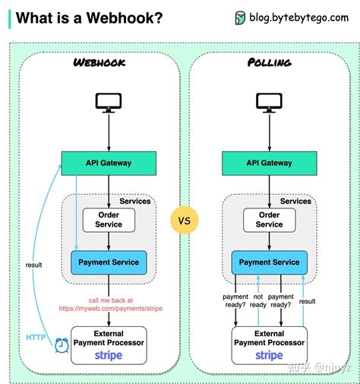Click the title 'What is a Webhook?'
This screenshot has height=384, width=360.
(89, 18)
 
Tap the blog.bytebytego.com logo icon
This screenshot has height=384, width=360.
(240, 18)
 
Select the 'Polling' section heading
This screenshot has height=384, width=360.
(269, 62)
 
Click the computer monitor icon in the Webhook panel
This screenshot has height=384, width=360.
(107, 103)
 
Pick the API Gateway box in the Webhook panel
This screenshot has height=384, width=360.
(109, 162)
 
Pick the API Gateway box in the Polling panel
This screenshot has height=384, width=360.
(269, 162)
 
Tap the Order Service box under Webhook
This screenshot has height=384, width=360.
(109, 220)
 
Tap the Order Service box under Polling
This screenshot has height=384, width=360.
(269, 220)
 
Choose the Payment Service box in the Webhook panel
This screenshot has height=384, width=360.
(109, 262)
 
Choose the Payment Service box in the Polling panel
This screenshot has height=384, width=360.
(269, 262)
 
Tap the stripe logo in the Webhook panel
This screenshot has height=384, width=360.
(109, 355)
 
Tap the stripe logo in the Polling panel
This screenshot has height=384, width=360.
(269, 355)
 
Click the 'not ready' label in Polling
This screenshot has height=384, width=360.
(258, 301)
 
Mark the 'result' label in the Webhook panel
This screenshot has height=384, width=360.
(33, 265)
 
